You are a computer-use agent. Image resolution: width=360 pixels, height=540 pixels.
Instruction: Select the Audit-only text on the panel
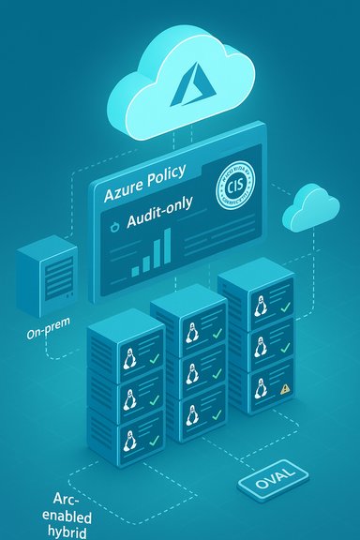click(x=155, y=222)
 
